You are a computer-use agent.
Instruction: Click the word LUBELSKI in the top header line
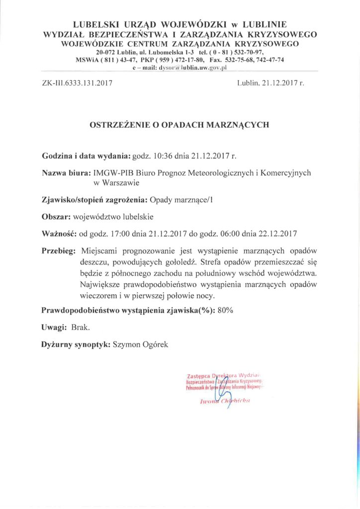click(x=93, y=24)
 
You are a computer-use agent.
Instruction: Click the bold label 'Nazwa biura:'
click(x=66, y=173)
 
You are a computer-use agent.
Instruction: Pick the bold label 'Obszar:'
click(x=56, y=217)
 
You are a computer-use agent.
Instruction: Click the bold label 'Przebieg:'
click(x=59, y=251)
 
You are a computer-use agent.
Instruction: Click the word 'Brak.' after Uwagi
click(x=81, y=327)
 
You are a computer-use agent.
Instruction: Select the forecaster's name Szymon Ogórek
click(x=141, y=343)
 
